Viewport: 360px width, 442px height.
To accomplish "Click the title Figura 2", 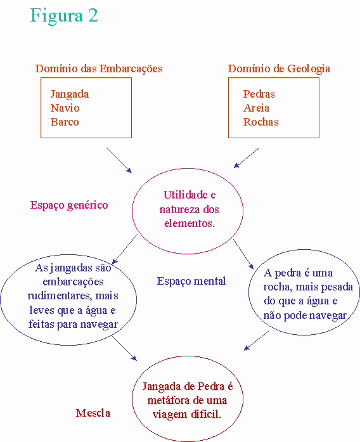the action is (64, 16).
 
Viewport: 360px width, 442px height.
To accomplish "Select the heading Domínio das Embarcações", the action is (99, 68).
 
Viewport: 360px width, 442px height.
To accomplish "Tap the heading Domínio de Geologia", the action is (279, 68).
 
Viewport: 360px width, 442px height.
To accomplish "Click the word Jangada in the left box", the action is (70, 94).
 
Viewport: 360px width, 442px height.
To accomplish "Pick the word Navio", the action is (65, 108).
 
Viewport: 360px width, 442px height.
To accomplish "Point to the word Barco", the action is (65, 122).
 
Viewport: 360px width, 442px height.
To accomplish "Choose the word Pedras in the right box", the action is (259, 94).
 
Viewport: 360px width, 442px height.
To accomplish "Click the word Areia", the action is (256, 108).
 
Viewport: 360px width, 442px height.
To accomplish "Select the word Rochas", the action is (261, 122).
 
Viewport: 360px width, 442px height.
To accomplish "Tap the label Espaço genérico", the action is (69, 205).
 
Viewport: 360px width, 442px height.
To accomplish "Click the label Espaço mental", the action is (191, 282).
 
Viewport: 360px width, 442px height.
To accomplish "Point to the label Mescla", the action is (93, 413).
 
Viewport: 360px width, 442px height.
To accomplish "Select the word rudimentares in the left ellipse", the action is (59, 296).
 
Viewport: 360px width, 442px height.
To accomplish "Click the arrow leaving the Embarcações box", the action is (119, 160).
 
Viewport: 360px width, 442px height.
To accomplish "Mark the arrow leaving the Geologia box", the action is (247, 157).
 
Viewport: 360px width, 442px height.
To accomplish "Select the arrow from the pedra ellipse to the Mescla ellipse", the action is (256, 341).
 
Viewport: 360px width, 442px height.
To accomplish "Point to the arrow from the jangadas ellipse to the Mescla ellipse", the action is (124, 348).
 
